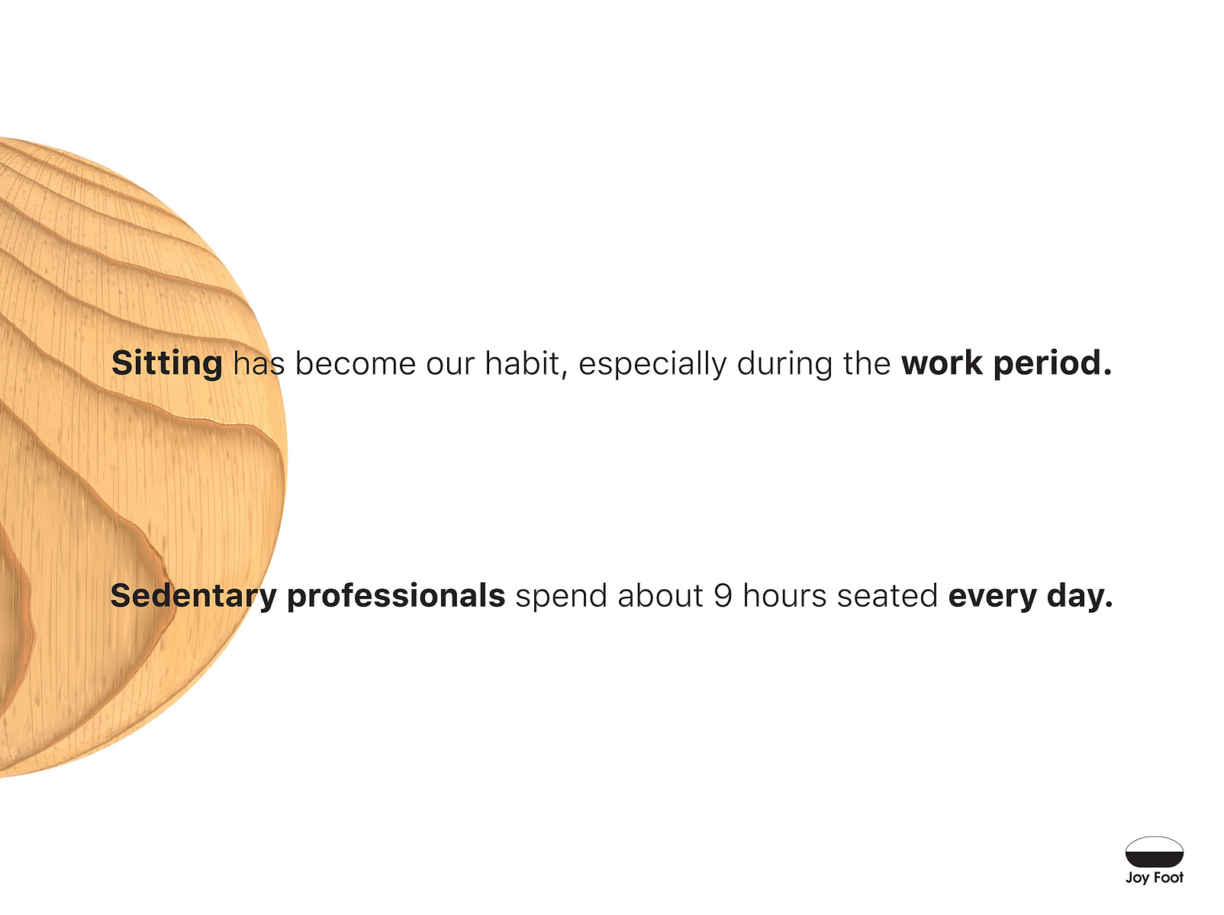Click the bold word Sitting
coord(166,363)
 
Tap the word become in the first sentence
coord(355,363)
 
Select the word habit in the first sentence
coord(526,363)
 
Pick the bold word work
coord(942,363)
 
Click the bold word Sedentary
coord(194,596)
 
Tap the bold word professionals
coord(396,596)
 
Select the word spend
coord(562,597)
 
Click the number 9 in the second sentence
coord(723,595)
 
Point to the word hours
coord(784,595)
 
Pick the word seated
coord(887,595)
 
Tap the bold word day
coord(1080,597)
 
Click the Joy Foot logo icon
coord(1155,852)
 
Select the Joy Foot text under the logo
coord(1155,878)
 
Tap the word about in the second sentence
coord(661,595)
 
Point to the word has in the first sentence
coord(259,363)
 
